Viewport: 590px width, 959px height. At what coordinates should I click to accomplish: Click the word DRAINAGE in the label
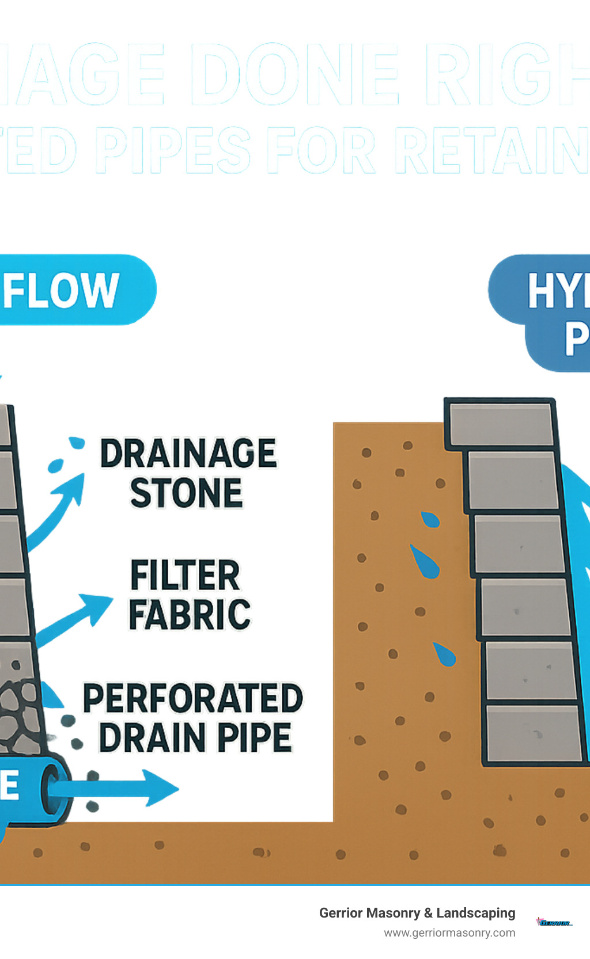(188, 454)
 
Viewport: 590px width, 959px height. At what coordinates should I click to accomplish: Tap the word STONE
(186, 493)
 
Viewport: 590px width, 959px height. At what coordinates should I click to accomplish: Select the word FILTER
(185, 575)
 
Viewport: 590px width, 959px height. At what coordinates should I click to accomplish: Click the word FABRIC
(190, 615)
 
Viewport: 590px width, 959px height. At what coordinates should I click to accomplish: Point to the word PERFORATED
(193, 699)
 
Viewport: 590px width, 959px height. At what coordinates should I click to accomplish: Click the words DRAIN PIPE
(195, 738)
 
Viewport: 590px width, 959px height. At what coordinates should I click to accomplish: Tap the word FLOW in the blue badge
(60, 291)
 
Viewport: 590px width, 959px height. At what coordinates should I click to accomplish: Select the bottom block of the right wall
(534, 733)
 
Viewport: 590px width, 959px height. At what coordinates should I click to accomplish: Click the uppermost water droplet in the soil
(430, 519)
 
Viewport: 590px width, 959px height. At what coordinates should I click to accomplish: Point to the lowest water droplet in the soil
(444, 654)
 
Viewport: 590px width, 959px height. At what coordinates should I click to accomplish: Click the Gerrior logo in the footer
(554, 922)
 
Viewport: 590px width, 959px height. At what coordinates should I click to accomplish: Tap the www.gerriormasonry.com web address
(449, 933)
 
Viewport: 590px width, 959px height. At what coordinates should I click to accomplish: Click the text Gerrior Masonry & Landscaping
(417, 913)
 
